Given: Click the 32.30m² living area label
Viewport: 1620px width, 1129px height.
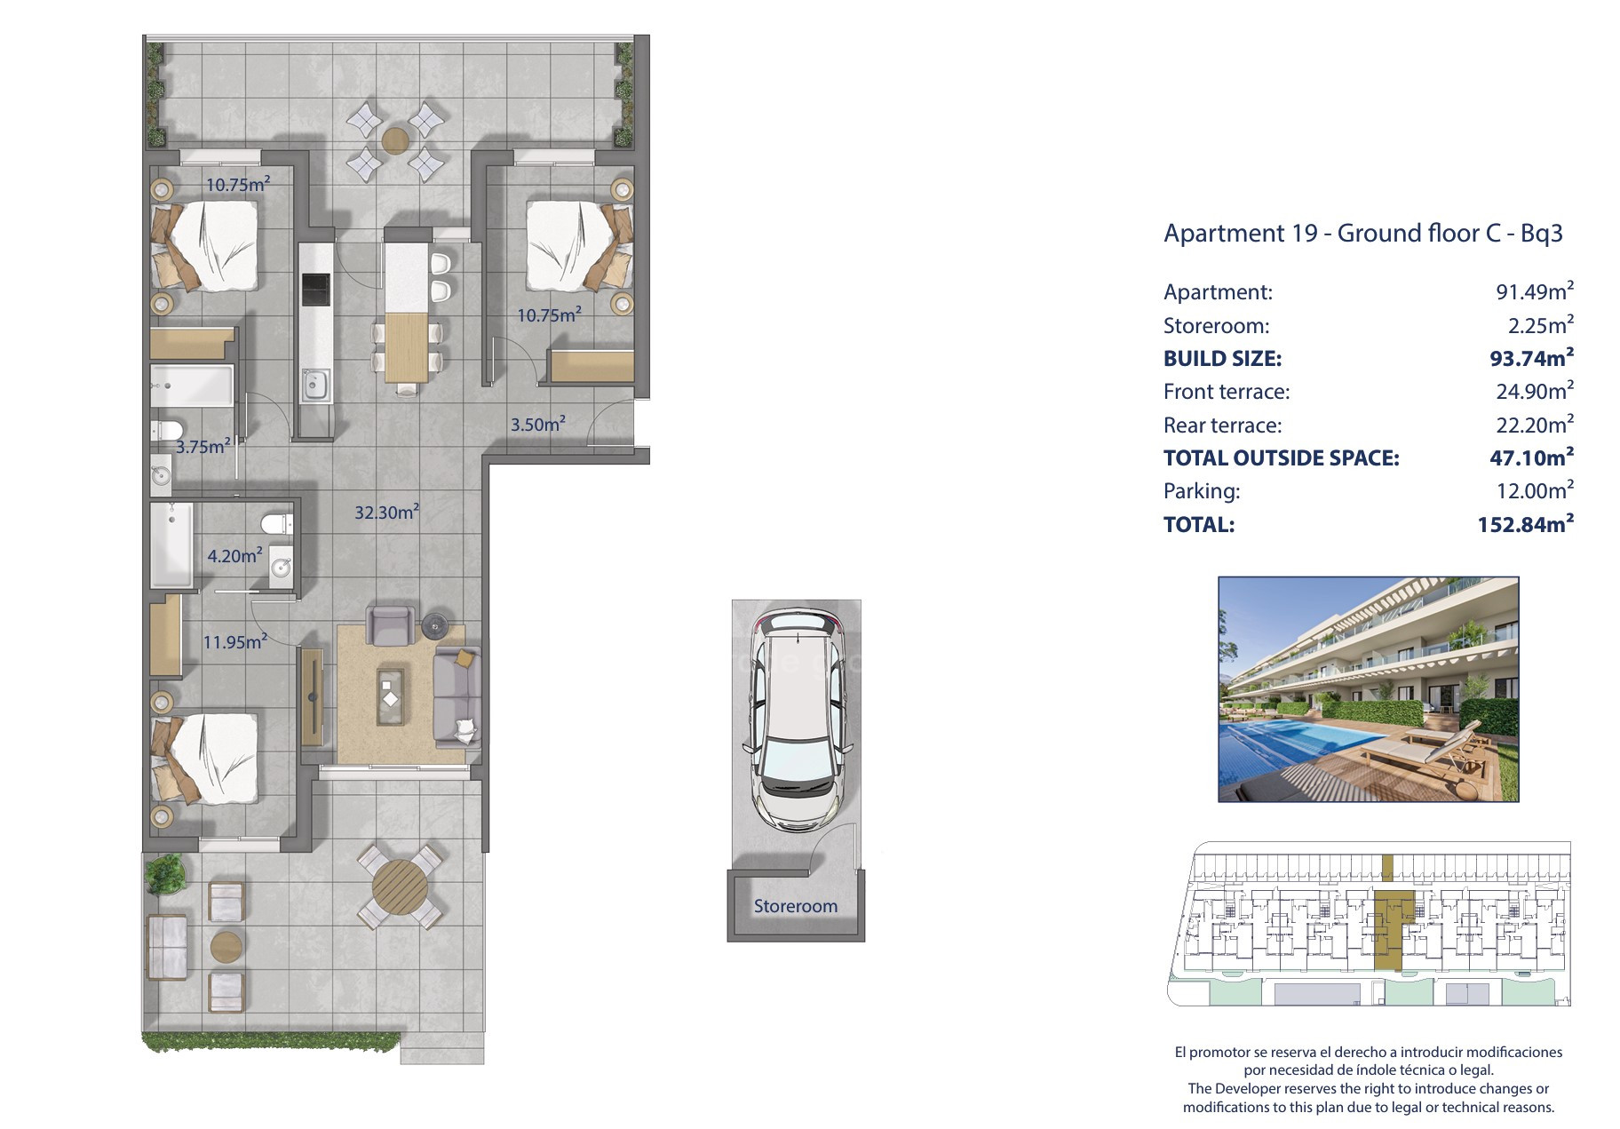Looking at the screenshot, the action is point(386,512).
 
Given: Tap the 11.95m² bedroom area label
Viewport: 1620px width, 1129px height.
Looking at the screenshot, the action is point(234,641).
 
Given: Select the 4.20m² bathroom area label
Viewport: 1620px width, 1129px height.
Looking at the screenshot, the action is point(234,556).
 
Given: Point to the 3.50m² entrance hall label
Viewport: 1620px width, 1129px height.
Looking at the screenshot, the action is point(537,425).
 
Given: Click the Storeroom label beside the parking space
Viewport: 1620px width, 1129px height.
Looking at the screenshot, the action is point(795,906).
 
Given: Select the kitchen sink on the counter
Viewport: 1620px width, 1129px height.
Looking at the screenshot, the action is point(315,385).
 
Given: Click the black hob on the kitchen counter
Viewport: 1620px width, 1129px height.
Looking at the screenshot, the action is point(315,289).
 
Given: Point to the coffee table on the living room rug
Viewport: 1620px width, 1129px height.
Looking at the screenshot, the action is point(391,696).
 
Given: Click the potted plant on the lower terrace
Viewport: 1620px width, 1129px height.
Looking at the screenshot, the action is point(163,874).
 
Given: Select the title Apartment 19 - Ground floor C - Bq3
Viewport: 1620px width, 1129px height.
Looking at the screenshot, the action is point(1362,234).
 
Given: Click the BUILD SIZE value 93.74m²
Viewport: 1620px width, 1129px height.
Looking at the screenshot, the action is point(1531,358).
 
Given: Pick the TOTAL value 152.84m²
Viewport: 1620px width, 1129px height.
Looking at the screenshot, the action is point(1525,524).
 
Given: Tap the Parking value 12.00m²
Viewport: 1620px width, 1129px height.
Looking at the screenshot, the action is point(1535,490).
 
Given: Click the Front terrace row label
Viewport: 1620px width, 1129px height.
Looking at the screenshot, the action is point(1227,392).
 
